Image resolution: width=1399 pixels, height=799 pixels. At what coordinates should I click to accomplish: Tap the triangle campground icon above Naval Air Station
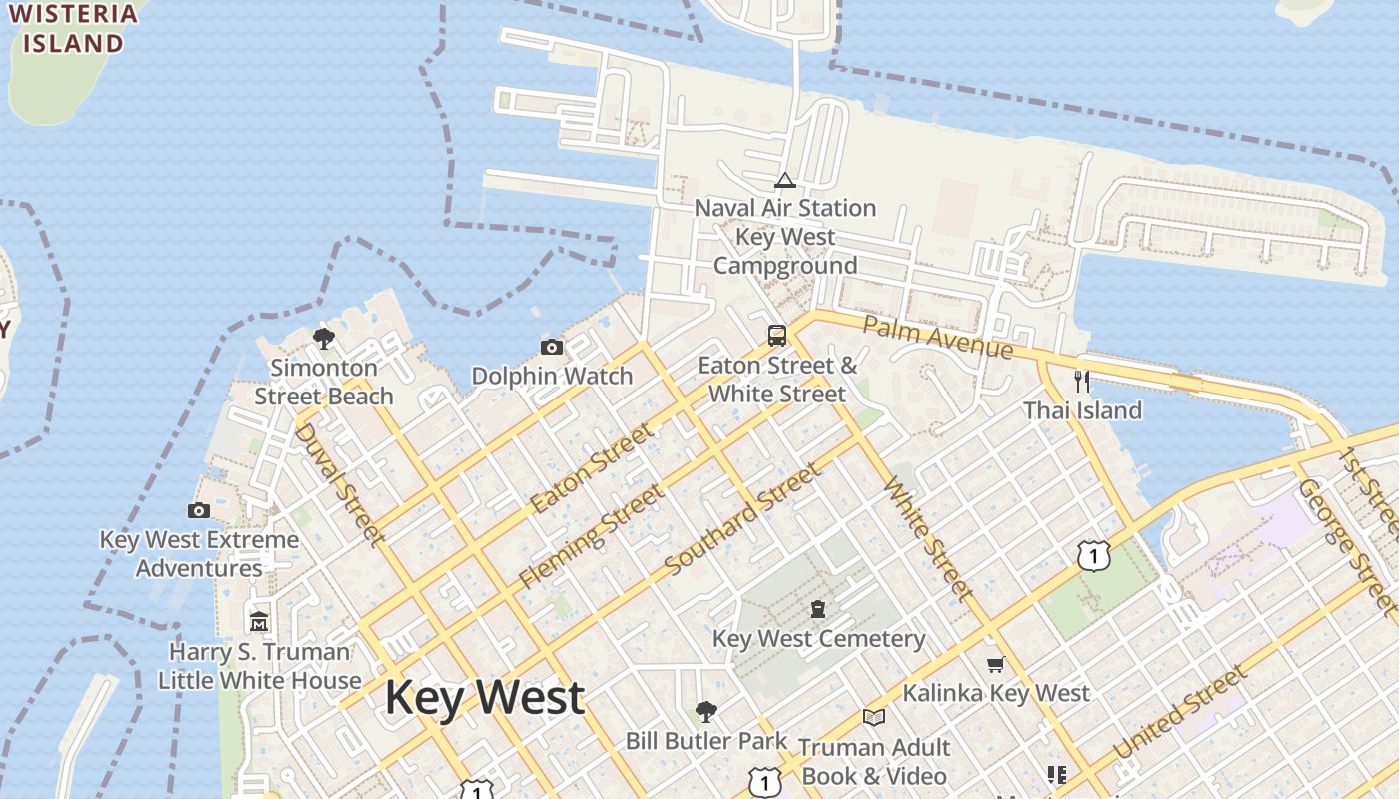(x=785, y=180)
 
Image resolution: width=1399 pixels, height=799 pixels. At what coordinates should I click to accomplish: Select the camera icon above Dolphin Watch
(x=551, y=347)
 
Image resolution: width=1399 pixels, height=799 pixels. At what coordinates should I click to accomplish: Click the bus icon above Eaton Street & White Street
(x=777, y=335)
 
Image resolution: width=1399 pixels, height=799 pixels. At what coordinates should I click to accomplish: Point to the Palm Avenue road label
(x=937, y=337)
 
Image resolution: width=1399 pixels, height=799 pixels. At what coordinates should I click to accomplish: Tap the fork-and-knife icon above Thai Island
(x=1081, y=381)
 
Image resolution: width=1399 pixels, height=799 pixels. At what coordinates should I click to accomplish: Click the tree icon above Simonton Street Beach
(x=323, y=338)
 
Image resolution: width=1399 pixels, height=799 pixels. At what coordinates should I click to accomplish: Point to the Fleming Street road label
(x=591, y=536)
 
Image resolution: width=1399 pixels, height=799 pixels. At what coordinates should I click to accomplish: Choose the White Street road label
(x=928, y=539)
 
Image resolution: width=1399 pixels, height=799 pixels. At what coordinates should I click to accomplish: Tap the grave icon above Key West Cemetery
(x=818, y=609)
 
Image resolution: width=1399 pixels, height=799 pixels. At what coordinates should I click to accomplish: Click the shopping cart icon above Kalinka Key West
(x=995, y=664)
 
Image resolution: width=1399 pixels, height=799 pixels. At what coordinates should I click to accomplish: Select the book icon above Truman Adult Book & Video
(x=874, y=717)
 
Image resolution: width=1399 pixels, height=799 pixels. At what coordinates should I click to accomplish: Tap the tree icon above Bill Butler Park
(x=706, y=711)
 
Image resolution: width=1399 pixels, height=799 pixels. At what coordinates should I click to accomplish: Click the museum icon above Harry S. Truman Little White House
(x=259, y=621)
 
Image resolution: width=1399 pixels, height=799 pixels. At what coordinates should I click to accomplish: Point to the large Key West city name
(x=485, y=697)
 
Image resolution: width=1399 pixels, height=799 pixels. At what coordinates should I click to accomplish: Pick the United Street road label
(x=1180, y=712)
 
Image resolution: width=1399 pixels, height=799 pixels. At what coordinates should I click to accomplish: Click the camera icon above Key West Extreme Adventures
(x=199, y=510)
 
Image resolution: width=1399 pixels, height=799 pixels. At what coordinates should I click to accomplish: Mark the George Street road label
(x=1345, y=545)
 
